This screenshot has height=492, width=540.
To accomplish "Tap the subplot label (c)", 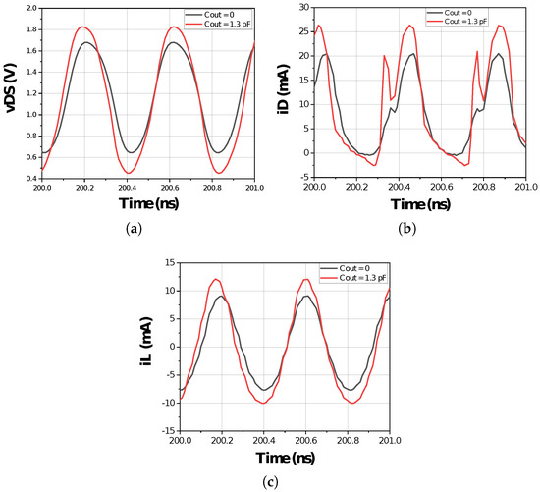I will point(271,479).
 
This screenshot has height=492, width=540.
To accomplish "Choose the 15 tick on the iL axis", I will point(169,262).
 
